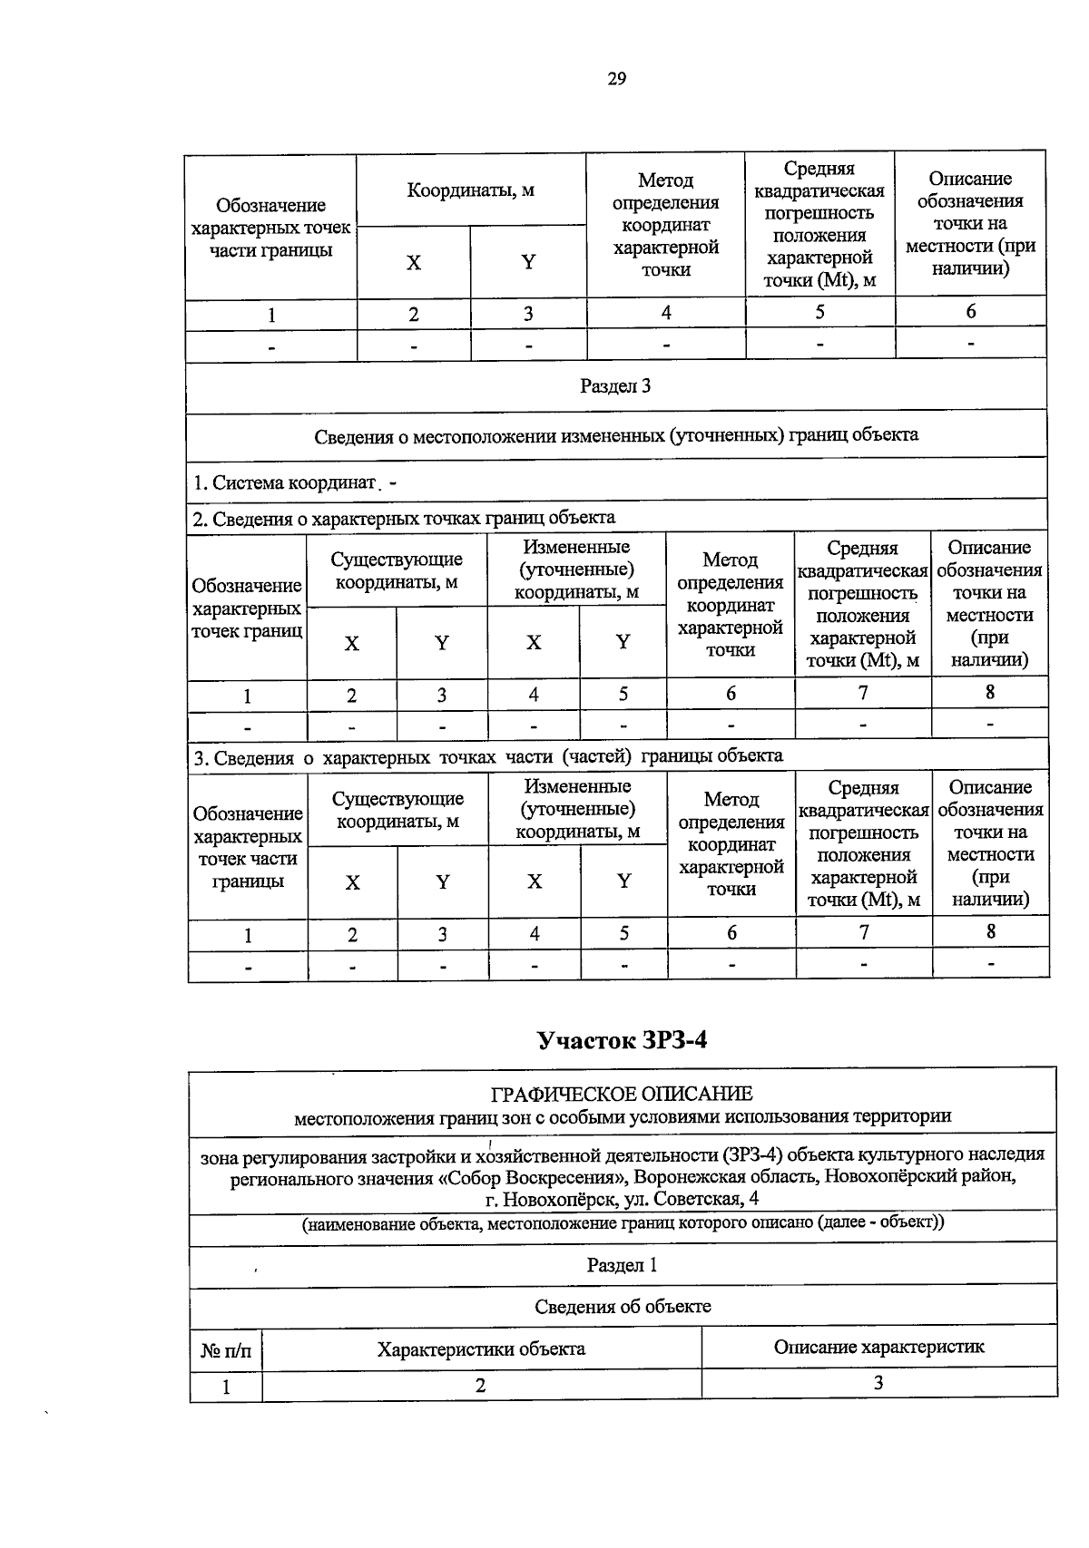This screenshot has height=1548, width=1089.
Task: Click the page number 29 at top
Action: click(x=616, y=79)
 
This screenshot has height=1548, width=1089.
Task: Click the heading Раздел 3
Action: click(x=615, y=386)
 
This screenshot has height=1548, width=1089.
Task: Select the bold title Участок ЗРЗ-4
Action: click(x=622, y=1039)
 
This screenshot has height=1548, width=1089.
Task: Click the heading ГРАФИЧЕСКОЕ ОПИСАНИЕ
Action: click(x=622, y=1094)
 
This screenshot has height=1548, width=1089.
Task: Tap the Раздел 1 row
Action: click(x=622, y=1265)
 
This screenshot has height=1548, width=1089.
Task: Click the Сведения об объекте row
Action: click(x=622, y=1307)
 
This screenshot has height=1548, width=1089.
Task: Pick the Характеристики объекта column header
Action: click(x=481, y=1348)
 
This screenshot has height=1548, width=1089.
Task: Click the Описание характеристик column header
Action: click(x=878, y=1347)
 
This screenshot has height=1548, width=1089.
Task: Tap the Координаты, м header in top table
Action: click(x=470, y=190)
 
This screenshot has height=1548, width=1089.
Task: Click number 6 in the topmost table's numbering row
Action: click(x=970, y=312)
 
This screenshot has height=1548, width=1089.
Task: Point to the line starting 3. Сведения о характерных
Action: click(x=488, y=756)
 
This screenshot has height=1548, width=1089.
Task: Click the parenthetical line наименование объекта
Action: click(x=623, y=1222)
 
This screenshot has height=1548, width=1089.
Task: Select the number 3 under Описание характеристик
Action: click(x=878, y=1383)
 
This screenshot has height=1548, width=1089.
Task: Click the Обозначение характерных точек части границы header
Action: click(x=270, y=228)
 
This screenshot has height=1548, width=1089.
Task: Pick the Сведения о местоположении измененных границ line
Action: click(x=616, y=435)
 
